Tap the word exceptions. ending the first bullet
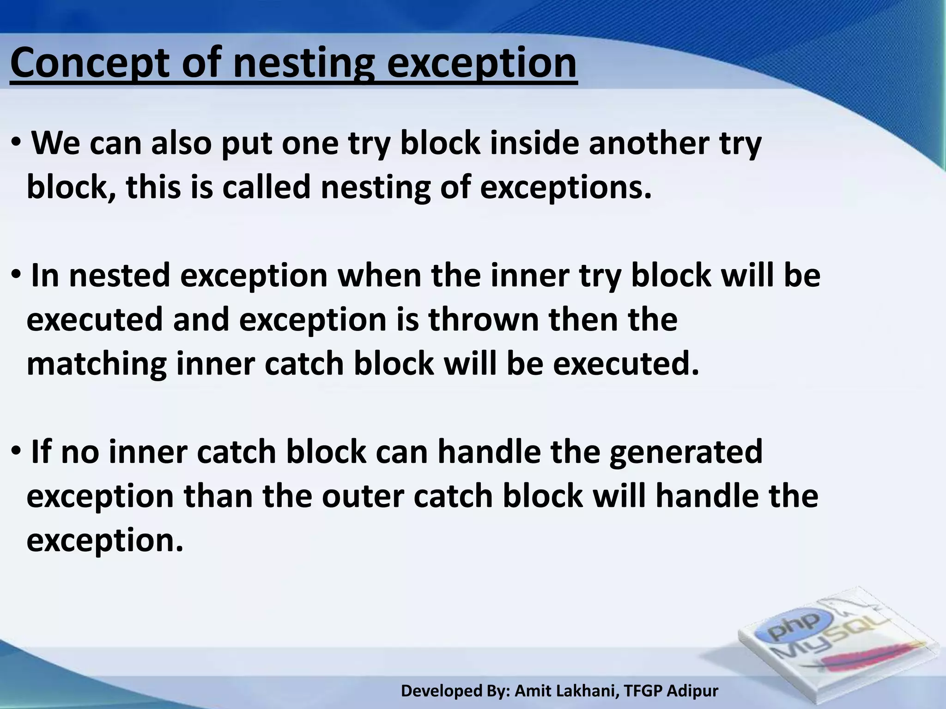[565, 188]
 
